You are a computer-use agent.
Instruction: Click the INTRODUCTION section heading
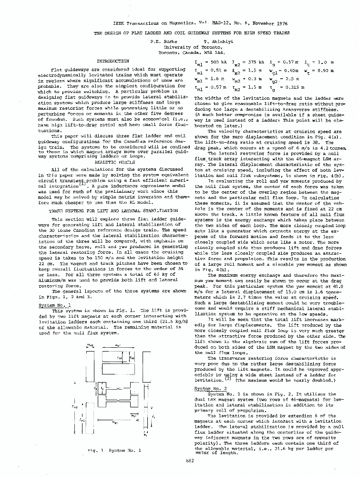113,62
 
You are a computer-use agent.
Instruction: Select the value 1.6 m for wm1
216,79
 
